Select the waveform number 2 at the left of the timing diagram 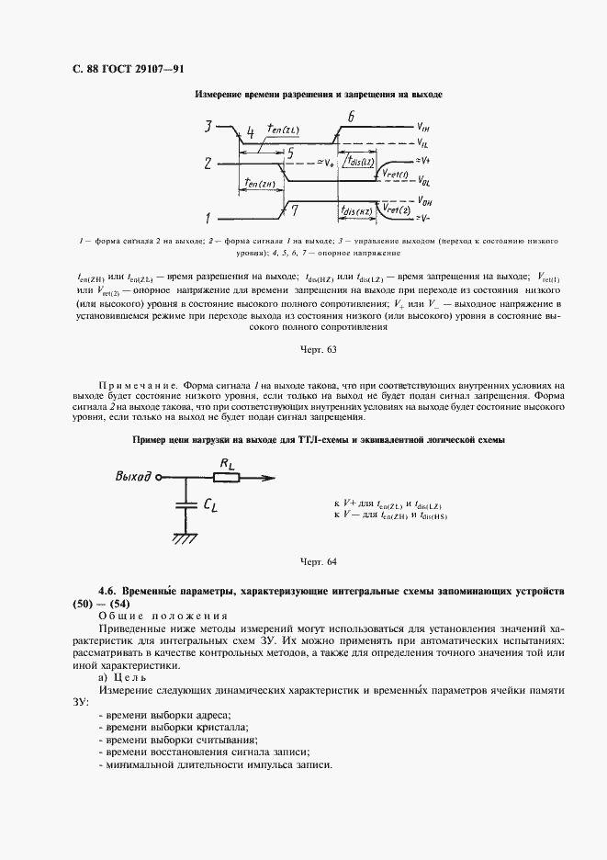208,164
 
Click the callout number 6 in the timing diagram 350,117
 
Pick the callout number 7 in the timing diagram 294,210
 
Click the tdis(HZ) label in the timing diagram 355,211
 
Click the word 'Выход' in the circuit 132,477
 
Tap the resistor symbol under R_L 226,477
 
